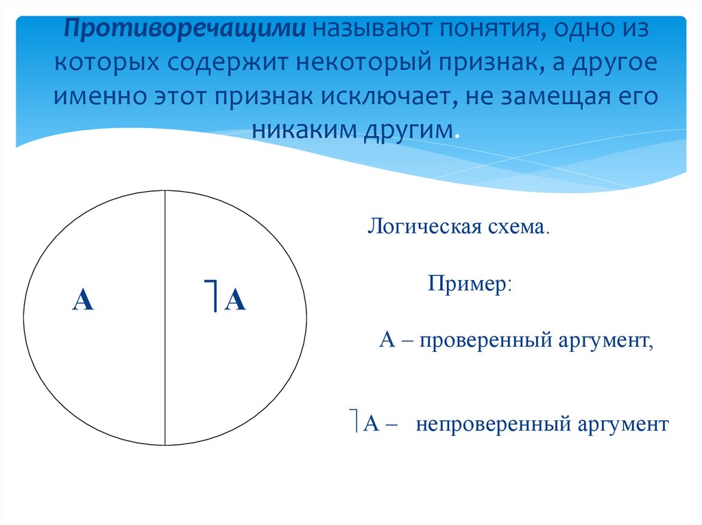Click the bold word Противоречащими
pos(185,30)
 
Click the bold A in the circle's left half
pos(83,300)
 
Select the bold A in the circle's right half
pos(235,300)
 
